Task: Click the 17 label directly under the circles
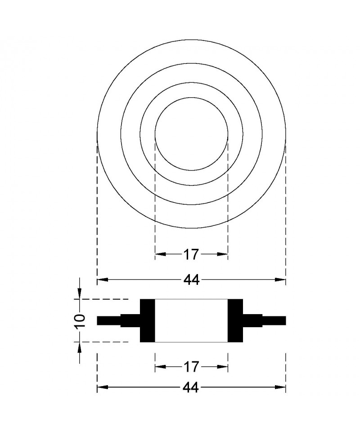pyautogui.click(x=191, y=254)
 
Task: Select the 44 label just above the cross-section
pyautogui.click(x=191, y=280)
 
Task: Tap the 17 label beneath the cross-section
pyautogui.click(x=191, y=367)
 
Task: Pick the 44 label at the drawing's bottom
pyautogui.click(x=191, y=388)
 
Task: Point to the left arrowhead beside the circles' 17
pyautogui.click(x=161, y=254)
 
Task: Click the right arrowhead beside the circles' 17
pyautogui.click(x=223, y=254)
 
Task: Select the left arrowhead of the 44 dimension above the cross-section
pyautogui.click(x=103, y=280)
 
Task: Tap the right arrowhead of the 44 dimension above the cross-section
pyautogui.click(x=280, y=280)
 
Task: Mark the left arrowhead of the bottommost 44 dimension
pyautogui.click(x=103, y=387)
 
